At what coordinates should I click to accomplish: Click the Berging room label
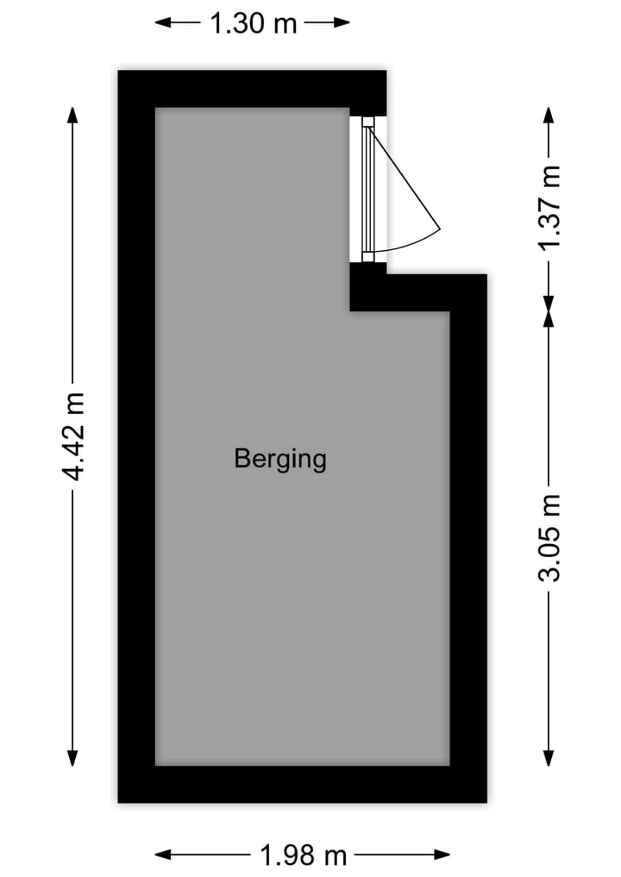pyautogui.click(x=279, y=459)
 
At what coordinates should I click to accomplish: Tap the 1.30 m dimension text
pyautogui.click(x=253, y=23)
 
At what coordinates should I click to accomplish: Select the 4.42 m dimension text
pyautogui.click(x=74, y=437)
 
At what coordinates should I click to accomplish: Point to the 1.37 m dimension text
pyautogui.click(x=549, y=208)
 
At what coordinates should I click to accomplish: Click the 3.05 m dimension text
pyautogui.click(x=549, y=538)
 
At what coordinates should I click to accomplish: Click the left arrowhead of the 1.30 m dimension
pyautogui.click(x=162, y=22)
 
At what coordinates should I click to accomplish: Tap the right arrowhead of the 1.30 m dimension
pyautogui.click(x=342, y=22)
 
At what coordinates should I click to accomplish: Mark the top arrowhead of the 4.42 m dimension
pyautogui.click(x=72, y=115)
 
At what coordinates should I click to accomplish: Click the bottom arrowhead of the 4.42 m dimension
pyautogui.click(x=72, y=758)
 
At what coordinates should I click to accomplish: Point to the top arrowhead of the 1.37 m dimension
pyautogui.click(x=549, y=115)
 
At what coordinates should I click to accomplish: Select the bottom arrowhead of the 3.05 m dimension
pyautogui.click(x=549, y=758)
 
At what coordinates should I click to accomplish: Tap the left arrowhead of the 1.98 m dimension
pyautogui.click(x=162, y=855)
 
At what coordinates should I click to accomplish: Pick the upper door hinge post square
pyautogui.click(x=367, y=122)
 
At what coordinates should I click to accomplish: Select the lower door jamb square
pyautogui.click(x=367, y=257)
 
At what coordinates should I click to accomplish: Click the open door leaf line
pyautogui.click(x=404, y=178)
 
